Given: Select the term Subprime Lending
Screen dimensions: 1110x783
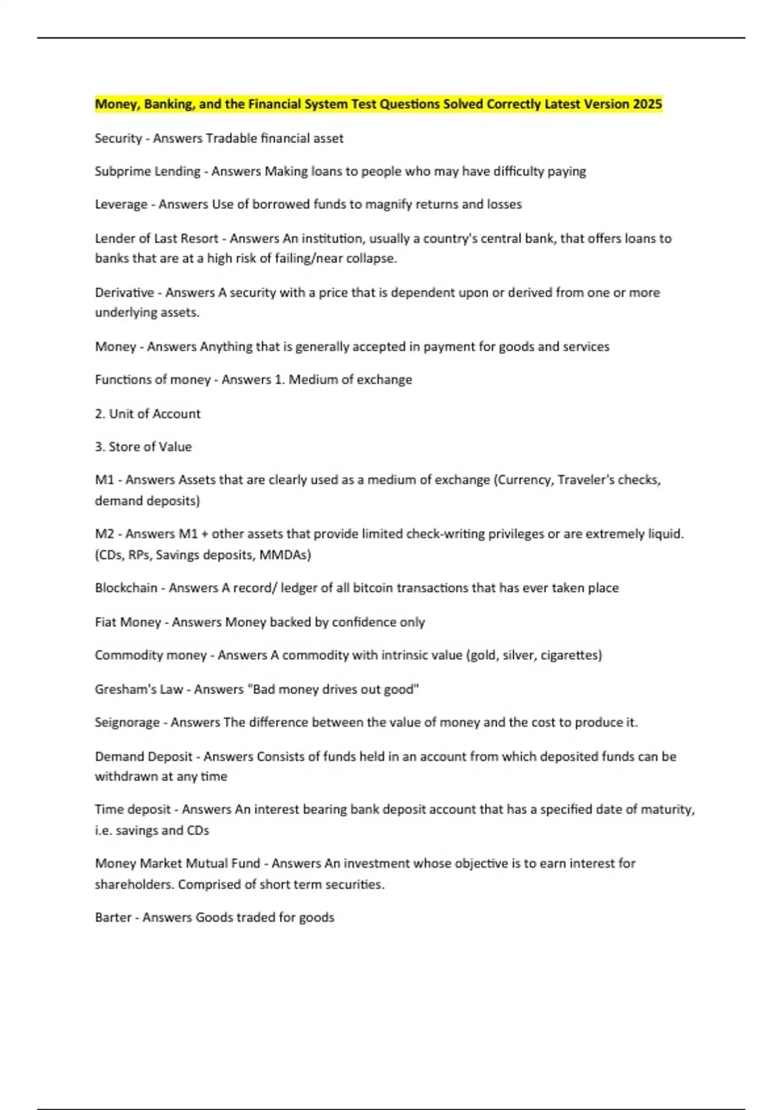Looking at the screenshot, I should (x=147, y=172).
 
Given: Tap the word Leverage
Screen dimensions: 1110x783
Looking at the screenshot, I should (x=121, y=204).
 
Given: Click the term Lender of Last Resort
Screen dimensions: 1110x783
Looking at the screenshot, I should (x=156, y=239).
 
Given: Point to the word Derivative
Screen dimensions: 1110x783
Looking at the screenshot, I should (x=125, y=293).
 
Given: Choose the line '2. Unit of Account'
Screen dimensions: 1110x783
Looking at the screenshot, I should (x=147, y=414).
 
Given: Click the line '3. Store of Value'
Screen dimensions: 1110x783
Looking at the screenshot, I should (x=144, y=447).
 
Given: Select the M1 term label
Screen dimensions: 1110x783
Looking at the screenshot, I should (x=104, y=480).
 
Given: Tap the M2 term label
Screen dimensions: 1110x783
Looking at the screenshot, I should (x=104, y=534).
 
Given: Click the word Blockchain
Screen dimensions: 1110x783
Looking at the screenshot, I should (x=126, y=588).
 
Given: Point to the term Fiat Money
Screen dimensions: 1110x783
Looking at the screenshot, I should (x=128, y=622).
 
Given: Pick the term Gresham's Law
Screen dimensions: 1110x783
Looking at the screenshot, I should (x=139, y=690).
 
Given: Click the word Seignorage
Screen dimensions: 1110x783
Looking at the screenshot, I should (x=127, y=723).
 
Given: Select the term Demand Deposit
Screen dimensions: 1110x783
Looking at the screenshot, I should (x=144, y=757).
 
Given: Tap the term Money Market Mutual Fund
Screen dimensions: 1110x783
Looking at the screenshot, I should (x=177, y=864).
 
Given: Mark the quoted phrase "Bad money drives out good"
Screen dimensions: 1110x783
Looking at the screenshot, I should (x=333, y=690).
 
